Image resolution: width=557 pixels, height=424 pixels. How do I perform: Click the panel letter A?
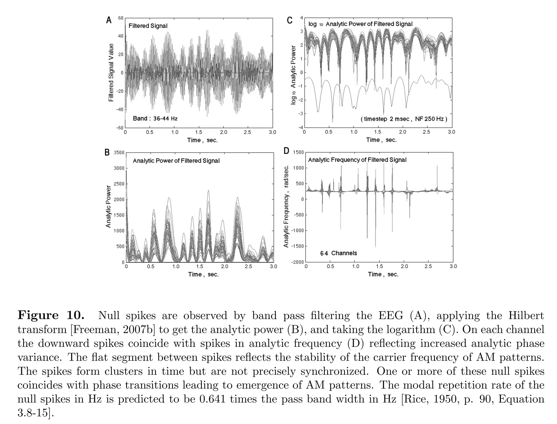[109, 20]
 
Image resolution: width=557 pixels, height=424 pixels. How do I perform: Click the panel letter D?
[286, 151]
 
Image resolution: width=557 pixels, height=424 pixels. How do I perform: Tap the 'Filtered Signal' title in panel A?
[148, 26]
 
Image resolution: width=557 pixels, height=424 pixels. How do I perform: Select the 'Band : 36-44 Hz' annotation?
[155, 118]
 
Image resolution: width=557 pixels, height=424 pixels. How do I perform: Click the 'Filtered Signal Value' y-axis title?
[111, 73]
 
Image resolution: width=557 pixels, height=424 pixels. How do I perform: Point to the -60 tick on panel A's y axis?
[120, 128]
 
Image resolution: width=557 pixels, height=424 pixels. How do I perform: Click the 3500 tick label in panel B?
[119, 153]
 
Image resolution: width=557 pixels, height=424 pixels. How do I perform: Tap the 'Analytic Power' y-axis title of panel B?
[109, 207]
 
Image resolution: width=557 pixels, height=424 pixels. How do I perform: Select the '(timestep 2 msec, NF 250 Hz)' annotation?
[404, 119]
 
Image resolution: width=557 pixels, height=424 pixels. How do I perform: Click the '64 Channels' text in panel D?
[338, 253]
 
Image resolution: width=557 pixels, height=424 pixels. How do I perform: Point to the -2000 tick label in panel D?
[297, 262]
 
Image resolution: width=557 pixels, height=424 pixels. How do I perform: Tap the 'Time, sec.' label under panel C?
[381, 140]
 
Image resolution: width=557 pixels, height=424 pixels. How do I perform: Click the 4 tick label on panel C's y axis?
[301, 18]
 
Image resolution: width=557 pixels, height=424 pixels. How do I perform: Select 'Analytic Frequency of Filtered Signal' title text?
[357, 160]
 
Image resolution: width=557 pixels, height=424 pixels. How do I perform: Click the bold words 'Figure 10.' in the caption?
[51, 315]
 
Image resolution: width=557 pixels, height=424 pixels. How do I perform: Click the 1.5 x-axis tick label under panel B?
[200, 267]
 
